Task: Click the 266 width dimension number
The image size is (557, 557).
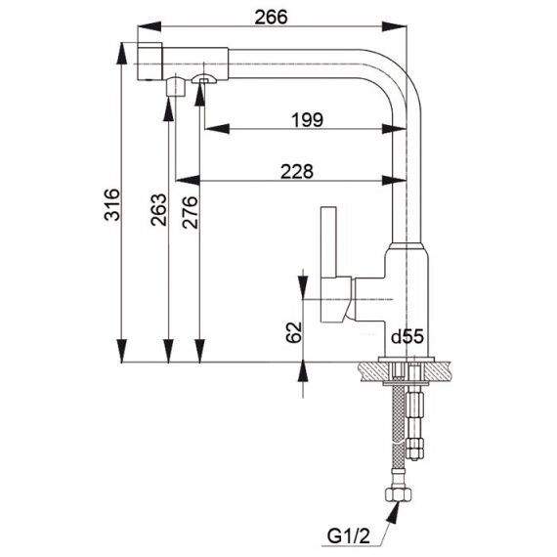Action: click(x=271, y=17)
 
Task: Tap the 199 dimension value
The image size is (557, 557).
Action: click(x=308, y=120)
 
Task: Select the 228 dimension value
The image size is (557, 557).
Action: click(x=297, y=172)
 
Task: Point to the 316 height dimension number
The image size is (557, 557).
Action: click(x=112, y=204)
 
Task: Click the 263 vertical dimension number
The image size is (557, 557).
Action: click(x=158, y=209)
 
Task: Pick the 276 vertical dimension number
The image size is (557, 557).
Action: click(x=190, y=212)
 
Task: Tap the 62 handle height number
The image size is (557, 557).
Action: click(x=294, y=332)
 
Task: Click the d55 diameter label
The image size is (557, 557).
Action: click(x=407, y=336)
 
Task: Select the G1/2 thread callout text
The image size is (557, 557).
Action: click(x=349, y=536)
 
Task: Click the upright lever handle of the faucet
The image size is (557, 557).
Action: click(x=328, y=241)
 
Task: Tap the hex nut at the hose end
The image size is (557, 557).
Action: click(x=399, y=494)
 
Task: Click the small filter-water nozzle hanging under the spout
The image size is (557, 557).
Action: click(x=176, y=86)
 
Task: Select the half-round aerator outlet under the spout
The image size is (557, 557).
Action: click(x=203, y=79)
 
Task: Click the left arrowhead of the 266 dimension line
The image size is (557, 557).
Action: click(x=150, y=26)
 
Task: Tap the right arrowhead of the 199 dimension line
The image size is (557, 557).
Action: click(x=394, y=129)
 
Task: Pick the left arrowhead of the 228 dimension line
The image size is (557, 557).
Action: click(x=189, y=180)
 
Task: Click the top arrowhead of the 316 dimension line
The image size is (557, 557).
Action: click(x=122, y=54)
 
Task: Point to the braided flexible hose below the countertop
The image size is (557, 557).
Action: click(x=399, y=426)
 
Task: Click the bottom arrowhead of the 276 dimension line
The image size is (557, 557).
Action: click(x=200, y=351)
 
